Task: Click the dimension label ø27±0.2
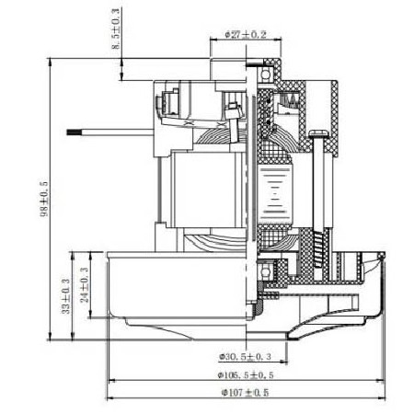(246, 34)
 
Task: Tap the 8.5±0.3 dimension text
(116, 29)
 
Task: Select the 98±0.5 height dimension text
(44, 199)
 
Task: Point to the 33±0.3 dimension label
(66, 296)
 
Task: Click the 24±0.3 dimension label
(85, 285)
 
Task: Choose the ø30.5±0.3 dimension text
(246, 357)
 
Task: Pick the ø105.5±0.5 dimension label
(246, 374)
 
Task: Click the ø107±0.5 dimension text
(246, 392)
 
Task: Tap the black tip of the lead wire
(75, 132)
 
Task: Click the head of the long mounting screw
(318, 132)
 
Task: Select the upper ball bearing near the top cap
(266, 74)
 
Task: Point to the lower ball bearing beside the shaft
(265, 270)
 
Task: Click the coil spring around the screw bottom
(318, 248)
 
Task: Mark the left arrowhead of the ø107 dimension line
(110, 398)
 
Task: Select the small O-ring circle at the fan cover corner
(382, 255)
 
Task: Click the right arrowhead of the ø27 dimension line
(278, 40)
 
